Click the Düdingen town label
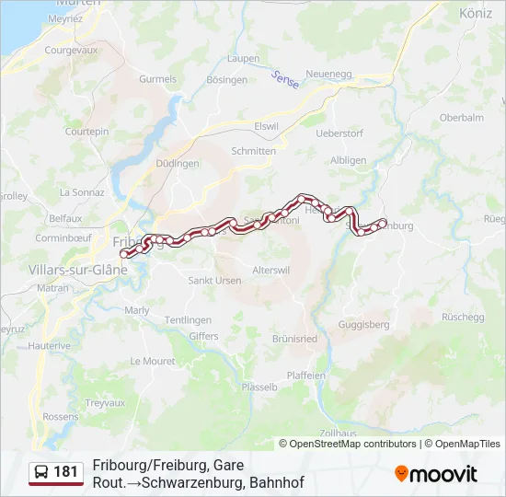[x=178, y=163]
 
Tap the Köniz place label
[x=477, y=14]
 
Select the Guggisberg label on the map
[x=364, y=324]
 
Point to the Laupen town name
[x=244, y=58]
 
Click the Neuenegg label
[x=329, y=74]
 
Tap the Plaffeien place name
[x=306, y=376]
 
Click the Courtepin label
[x=86, y=132]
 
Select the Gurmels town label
[x=157, y=79]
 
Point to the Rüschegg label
[x=462, y=316]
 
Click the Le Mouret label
[x=153, y=361]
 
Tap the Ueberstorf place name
[x=339, y=133]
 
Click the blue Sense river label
[x=285, y=80]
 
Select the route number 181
[x=66, y=472]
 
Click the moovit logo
[x=436, y=474]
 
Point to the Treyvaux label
[x=105, y=403]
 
